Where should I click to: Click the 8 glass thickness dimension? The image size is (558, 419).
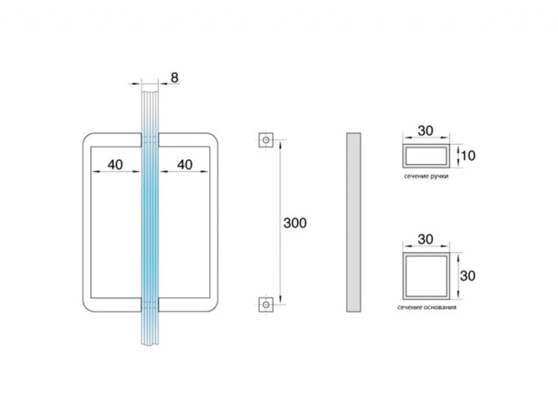click(174, 77)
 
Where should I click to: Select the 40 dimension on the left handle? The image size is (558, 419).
click(115, 165)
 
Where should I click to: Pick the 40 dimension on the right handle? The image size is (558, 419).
click(185, 165)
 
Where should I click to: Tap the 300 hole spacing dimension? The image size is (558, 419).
click(294, 223)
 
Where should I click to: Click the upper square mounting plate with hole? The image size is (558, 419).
click(266, 140)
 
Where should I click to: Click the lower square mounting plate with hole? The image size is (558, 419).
click(266, 304)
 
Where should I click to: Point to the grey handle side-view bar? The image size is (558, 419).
click(353, 223)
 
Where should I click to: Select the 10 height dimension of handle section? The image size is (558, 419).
click(468, 156)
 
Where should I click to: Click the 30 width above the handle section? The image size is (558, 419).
click(426, 131)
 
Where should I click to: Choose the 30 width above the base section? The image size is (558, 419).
click(426, 240)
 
